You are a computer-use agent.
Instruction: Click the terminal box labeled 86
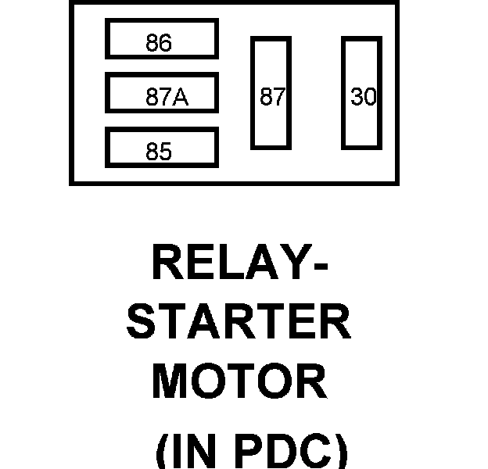[161, 39]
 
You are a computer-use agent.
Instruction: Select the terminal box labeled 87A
[161, 94]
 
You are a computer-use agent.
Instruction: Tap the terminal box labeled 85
[161, 149]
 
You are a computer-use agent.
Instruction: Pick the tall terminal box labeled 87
[271, 92]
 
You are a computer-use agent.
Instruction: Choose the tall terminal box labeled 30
[361, 92]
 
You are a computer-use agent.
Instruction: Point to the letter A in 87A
[180, 98]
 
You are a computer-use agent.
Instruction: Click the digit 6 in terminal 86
[165, 44]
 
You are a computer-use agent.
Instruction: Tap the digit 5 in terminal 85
[165, 152]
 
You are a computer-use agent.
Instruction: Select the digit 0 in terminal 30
[369, 97]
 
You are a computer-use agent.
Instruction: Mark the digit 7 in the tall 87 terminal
[278, 97]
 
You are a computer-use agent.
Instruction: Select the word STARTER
[239, 322]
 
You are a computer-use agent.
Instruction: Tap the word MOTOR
[239, 382]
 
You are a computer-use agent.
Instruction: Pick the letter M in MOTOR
[171, 382]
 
